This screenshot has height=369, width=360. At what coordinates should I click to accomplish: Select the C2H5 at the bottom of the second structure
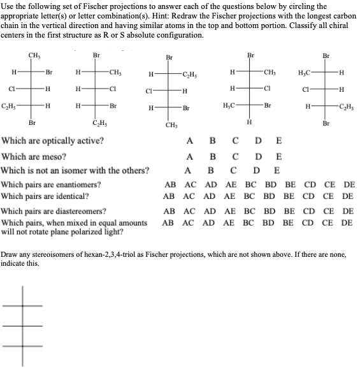99,123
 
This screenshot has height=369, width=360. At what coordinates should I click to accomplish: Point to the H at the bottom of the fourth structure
250,122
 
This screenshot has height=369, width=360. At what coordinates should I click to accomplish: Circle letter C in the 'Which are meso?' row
235,156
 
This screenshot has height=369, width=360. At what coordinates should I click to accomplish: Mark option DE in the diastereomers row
348,210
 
